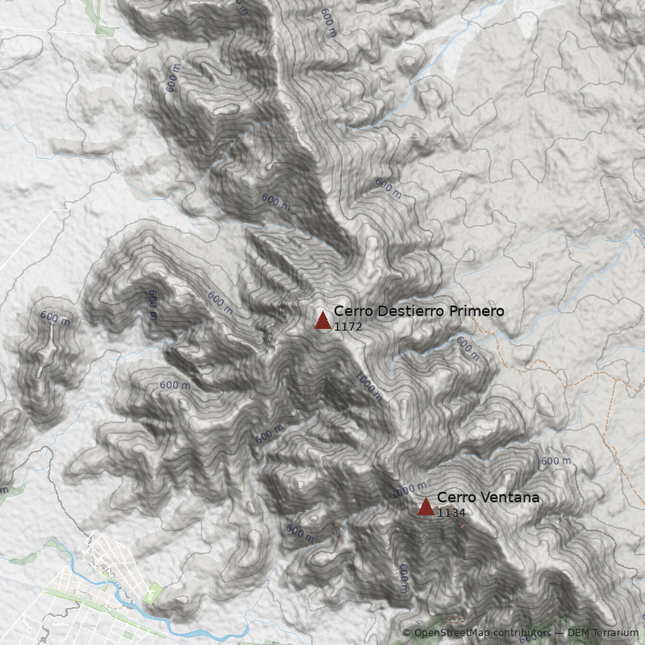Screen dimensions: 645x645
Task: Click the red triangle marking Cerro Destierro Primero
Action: pos(322,321)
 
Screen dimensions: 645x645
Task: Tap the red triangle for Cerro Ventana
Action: pos(426,506)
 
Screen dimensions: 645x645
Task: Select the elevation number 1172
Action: pos(347,327)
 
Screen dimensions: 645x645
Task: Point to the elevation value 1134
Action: pos(451,513)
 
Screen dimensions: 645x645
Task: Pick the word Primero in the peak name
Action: pos(478,311)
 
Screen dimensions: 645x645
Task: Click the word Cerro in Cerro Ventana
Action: pos(455,498)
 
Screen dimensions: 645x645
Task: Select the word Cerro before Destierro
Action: pos(353,311)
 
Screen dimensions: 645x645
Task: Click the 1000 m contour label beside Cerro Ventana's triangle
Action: pos(409,489)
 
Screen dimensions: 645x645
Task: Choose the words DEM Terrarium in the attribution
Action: pos(603,633)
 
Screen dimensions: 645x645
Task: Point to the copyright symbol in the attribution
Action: pos(406,633)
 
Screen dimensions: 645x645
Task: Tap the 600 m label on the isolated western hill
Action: pos(55,318)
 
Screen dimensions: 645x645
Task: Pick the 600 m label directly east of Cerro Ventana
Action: pos(556,461)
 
